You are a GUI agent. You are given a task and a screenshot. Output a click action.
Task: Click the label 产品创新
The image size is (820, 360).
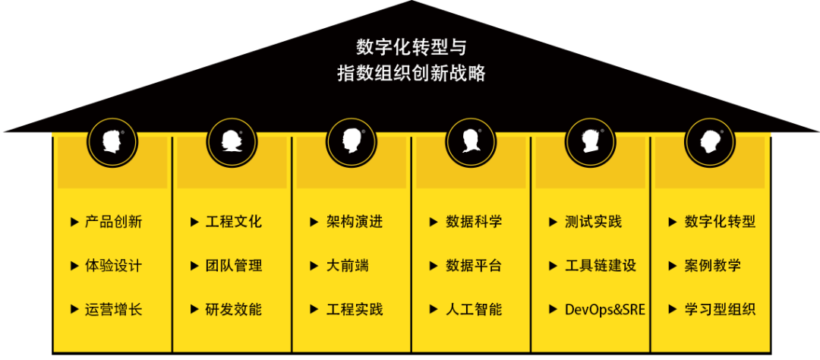(x=113, y=222)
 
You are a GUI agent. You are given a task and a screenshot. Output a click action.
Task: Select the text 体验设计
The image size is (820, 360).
(x=113, y=266)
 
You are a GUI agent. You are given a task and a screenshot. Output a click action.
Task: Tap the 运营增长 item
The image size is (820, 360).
(x=113, y=309)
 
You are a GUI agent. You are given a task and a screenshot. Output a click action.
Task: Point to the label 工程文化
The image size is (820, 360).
(x=234, y=222)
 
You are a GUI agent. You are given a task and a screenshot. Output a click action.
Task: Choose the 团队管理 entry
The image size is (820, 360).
(x=234, y=266)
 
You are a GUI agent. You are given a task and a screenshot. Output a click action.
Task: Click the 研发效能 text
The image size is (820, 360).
(x=234, y=309)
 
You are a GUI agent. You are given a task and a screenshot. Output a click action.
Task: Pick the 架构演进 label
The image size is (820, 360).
(x=355, y=222)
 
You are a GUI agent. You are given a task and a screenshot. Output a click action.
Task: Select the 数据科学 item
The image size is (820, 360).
(x=474, y=222)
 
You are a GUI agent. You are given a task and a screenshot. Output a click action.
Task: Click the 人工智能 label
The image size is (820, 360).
(x=474, y=309)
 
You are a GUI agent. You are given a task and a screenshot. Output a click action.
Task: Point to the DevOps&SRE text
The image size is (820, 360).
(x=605, y=309)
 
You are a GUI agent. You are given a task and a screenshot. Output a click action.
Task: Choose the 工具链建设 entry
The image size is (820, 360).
(x=601, y=266)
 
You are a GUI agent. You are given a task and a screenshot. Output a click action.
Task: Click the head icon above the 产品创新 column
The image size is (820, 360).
(x=112, y=141)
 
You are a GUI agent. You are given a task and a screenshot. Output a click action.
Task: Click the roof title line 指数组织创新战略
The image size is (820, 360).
(x=411, y=74)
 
